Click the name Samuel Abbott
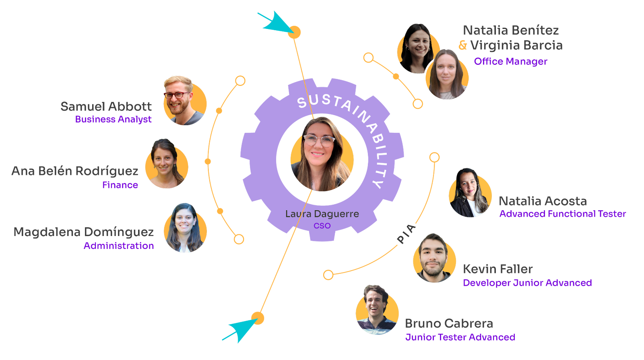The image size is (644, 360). point(106,106)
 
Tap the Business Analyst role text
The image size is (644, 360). point(113,119)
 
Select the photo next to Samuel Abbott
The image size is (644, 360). point(184,101)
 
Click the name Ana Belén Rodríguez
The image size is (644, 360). point(75,171)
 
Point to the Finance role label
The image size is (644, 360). point(120,185)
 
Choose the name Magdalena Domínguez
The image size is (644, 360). point(84,232)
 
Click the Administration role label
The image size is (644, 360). point(119,246)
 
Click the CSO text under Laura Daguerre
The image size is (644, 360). point(322,226)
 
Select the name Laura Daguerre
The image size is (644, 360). point(322,214)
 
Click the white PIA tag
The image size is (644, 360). point(406,234)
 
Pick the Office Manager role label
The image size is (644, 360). point(510,61)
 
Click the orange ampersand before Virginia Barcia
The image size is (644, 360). point(463,45)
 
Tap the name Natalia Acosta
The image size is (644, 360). point(543,201)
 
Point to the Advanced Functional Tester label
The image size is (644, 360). point(562,214)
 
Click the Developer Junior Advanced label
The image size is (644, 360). point(527,283)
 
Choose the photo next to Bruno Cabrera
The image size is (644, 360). point(377,310)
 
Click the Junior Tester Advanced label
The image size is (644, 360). point(460,337)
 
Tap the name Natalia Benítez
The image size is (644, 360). point(511,30)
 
